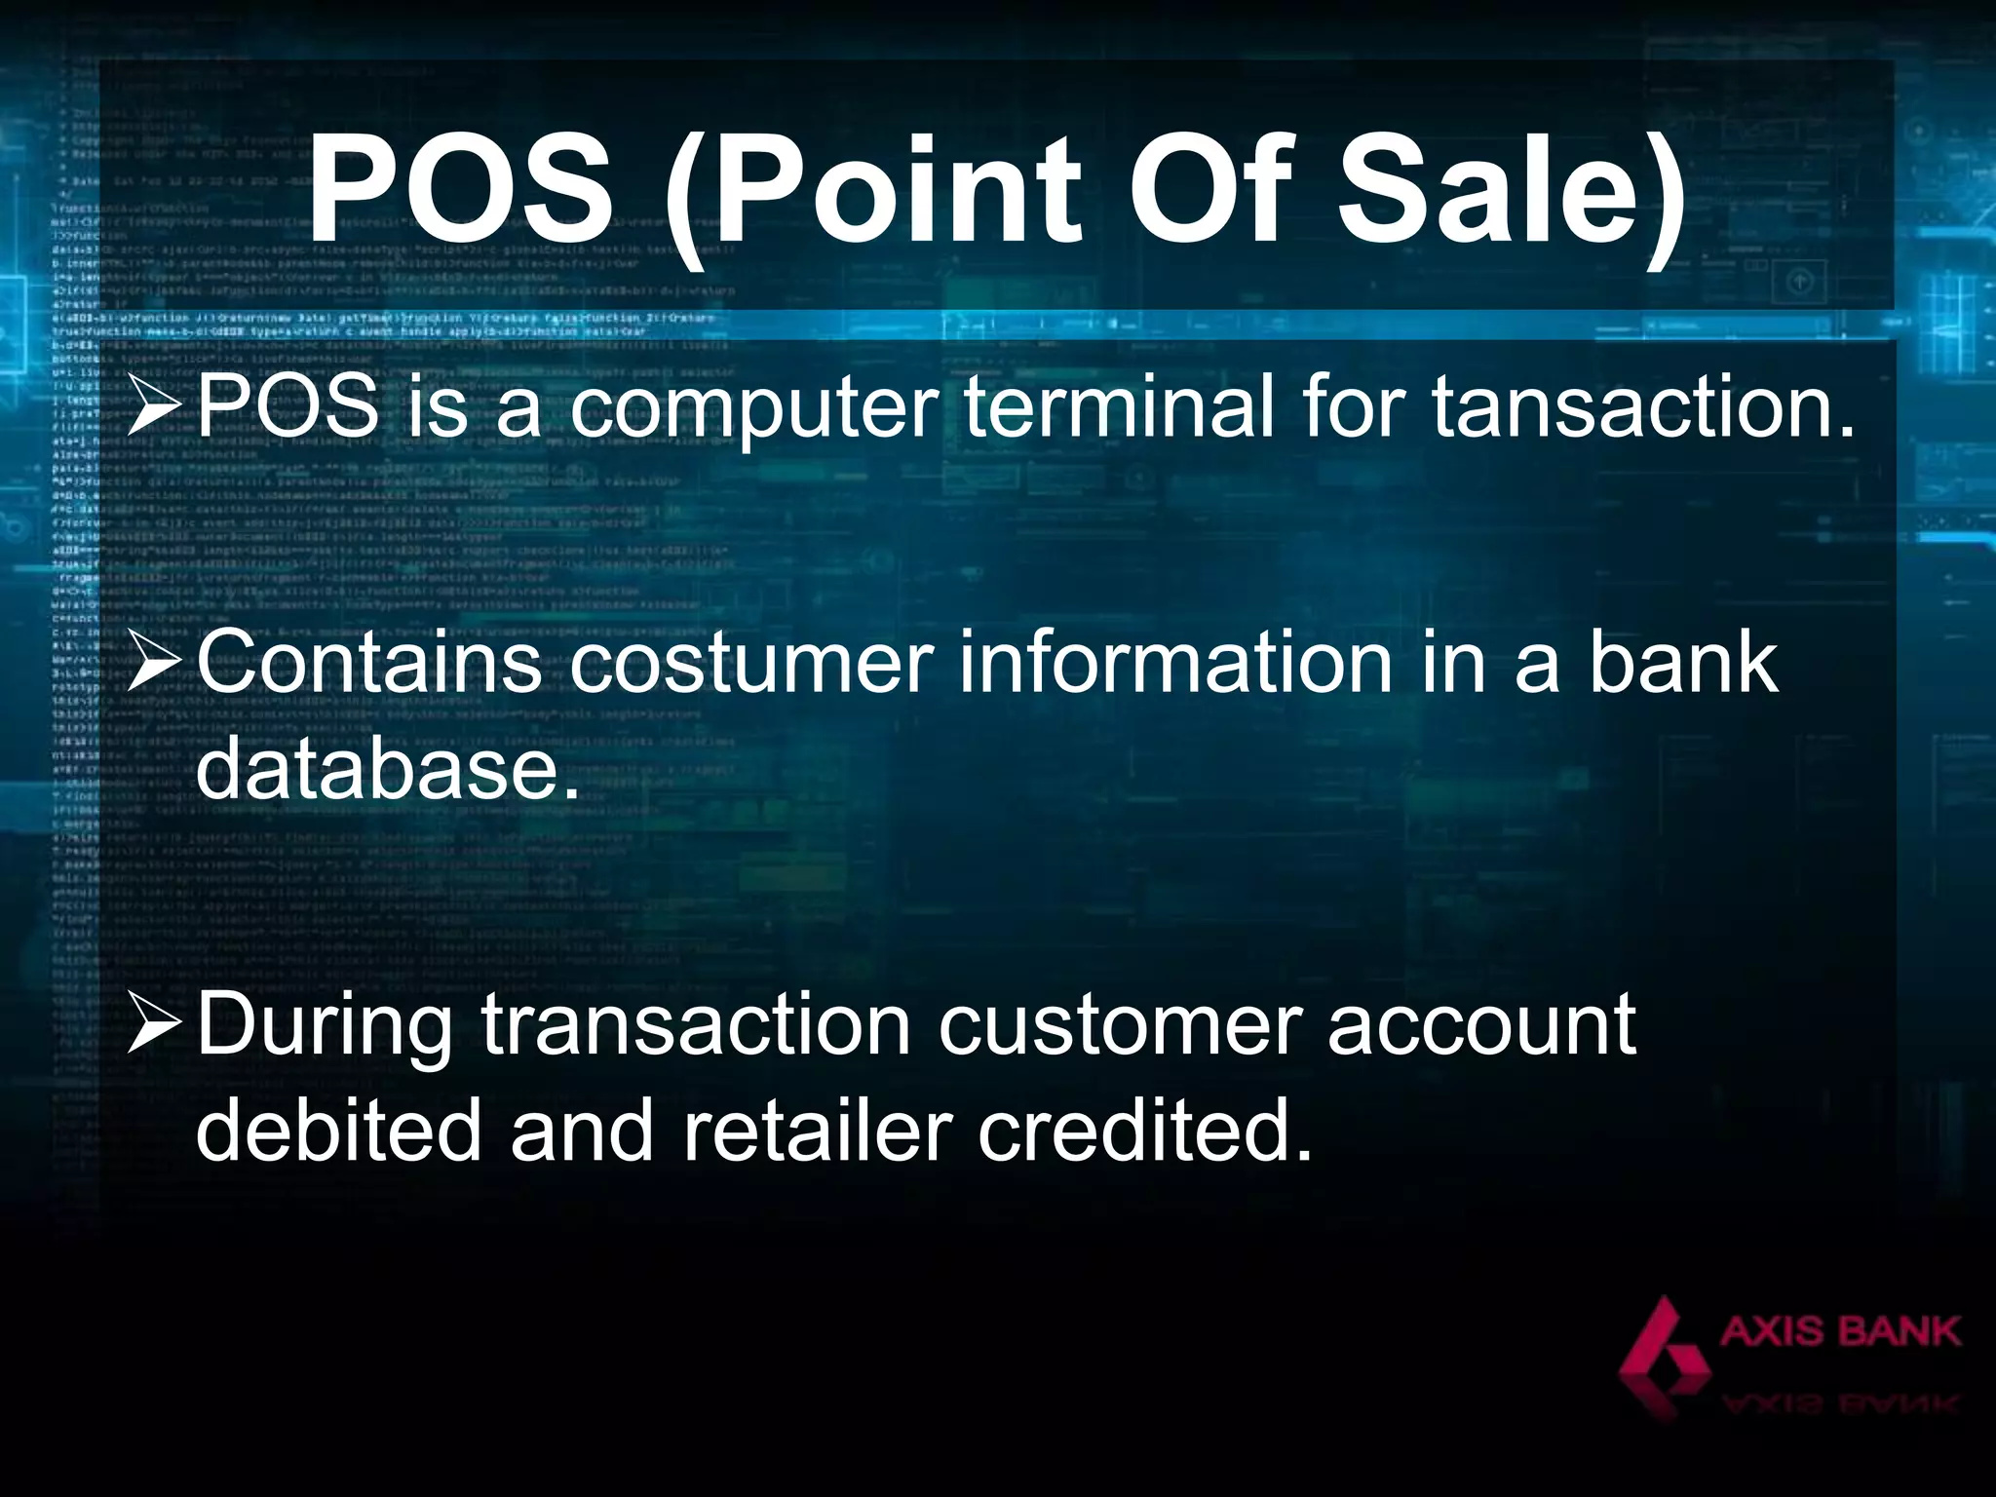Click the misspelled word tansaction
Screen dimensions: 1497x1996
point(1643,406)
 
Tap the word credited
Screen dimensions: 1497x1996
point(1145,1132)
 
